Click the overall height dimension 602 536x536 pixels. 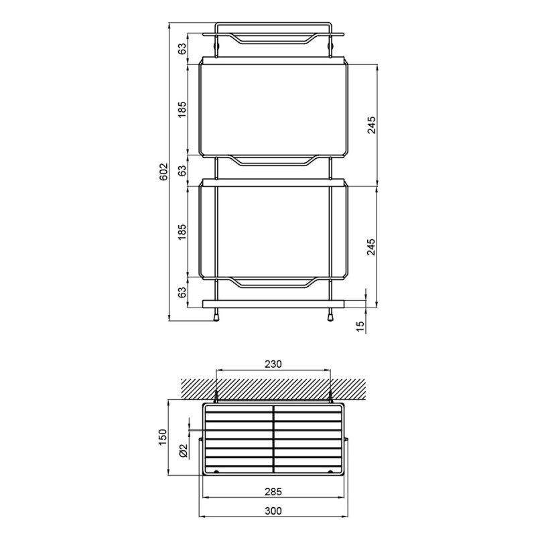[164, 172]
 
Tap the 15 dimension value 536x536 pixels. [360, 326]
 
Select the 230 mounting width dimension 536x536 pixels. [273, 364]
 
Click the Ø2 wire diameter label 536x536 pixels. [183, 450]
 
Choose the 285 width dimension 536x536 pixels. [273, 491]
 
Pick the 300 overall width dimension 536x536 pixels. [273, 511]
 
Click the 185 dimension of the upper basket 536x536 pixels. [182, 109]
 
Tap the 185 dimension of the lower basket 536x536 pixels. [182, 231]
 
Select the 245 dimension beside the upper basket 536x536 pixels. [371, 125]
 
